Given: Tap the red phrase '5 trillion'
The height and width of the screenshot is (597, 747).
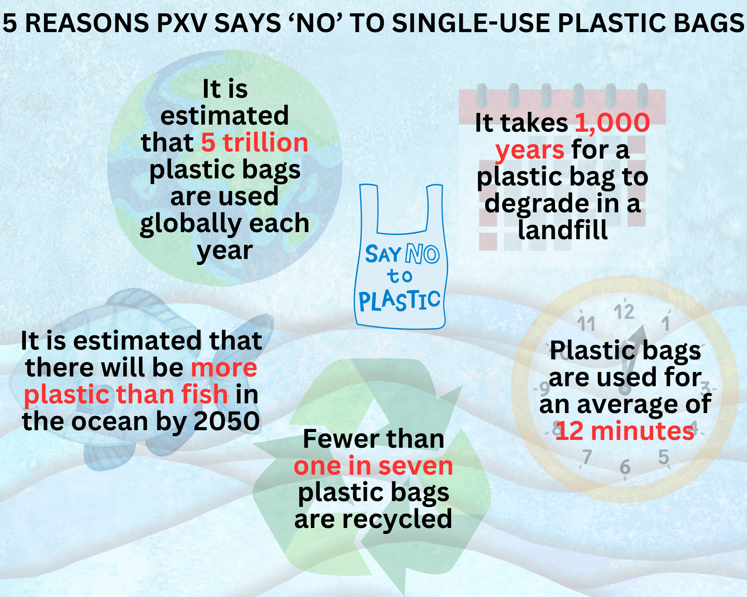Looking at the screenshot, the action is [x=255, y=143].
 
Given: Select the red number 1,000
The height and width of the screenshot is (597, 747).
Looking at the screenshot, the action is [x=613, y=123].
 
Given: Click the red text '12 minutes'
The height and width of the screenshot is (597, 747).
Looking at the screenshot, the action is [x=625, y=431].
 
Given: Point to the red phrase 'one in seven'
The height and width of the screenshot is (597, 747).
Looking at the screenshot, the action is [x=373, y=466].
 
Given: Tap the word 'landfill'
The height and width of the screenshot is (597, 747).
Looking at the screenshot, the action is [x=563, y=230].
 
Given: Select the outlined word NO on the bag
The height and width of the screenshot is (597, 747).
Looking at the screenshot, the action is [x=422, y=254].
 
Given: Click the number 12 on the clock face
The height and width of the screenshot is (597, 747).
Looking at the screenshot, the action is [x=624, y=312].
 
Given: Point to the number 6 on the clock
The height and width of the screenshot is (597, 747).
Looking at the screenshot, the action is [x=625, y=467].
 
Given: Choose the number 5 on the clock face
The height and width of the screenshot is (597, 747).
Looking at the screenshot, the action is [x=663, y=457].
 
